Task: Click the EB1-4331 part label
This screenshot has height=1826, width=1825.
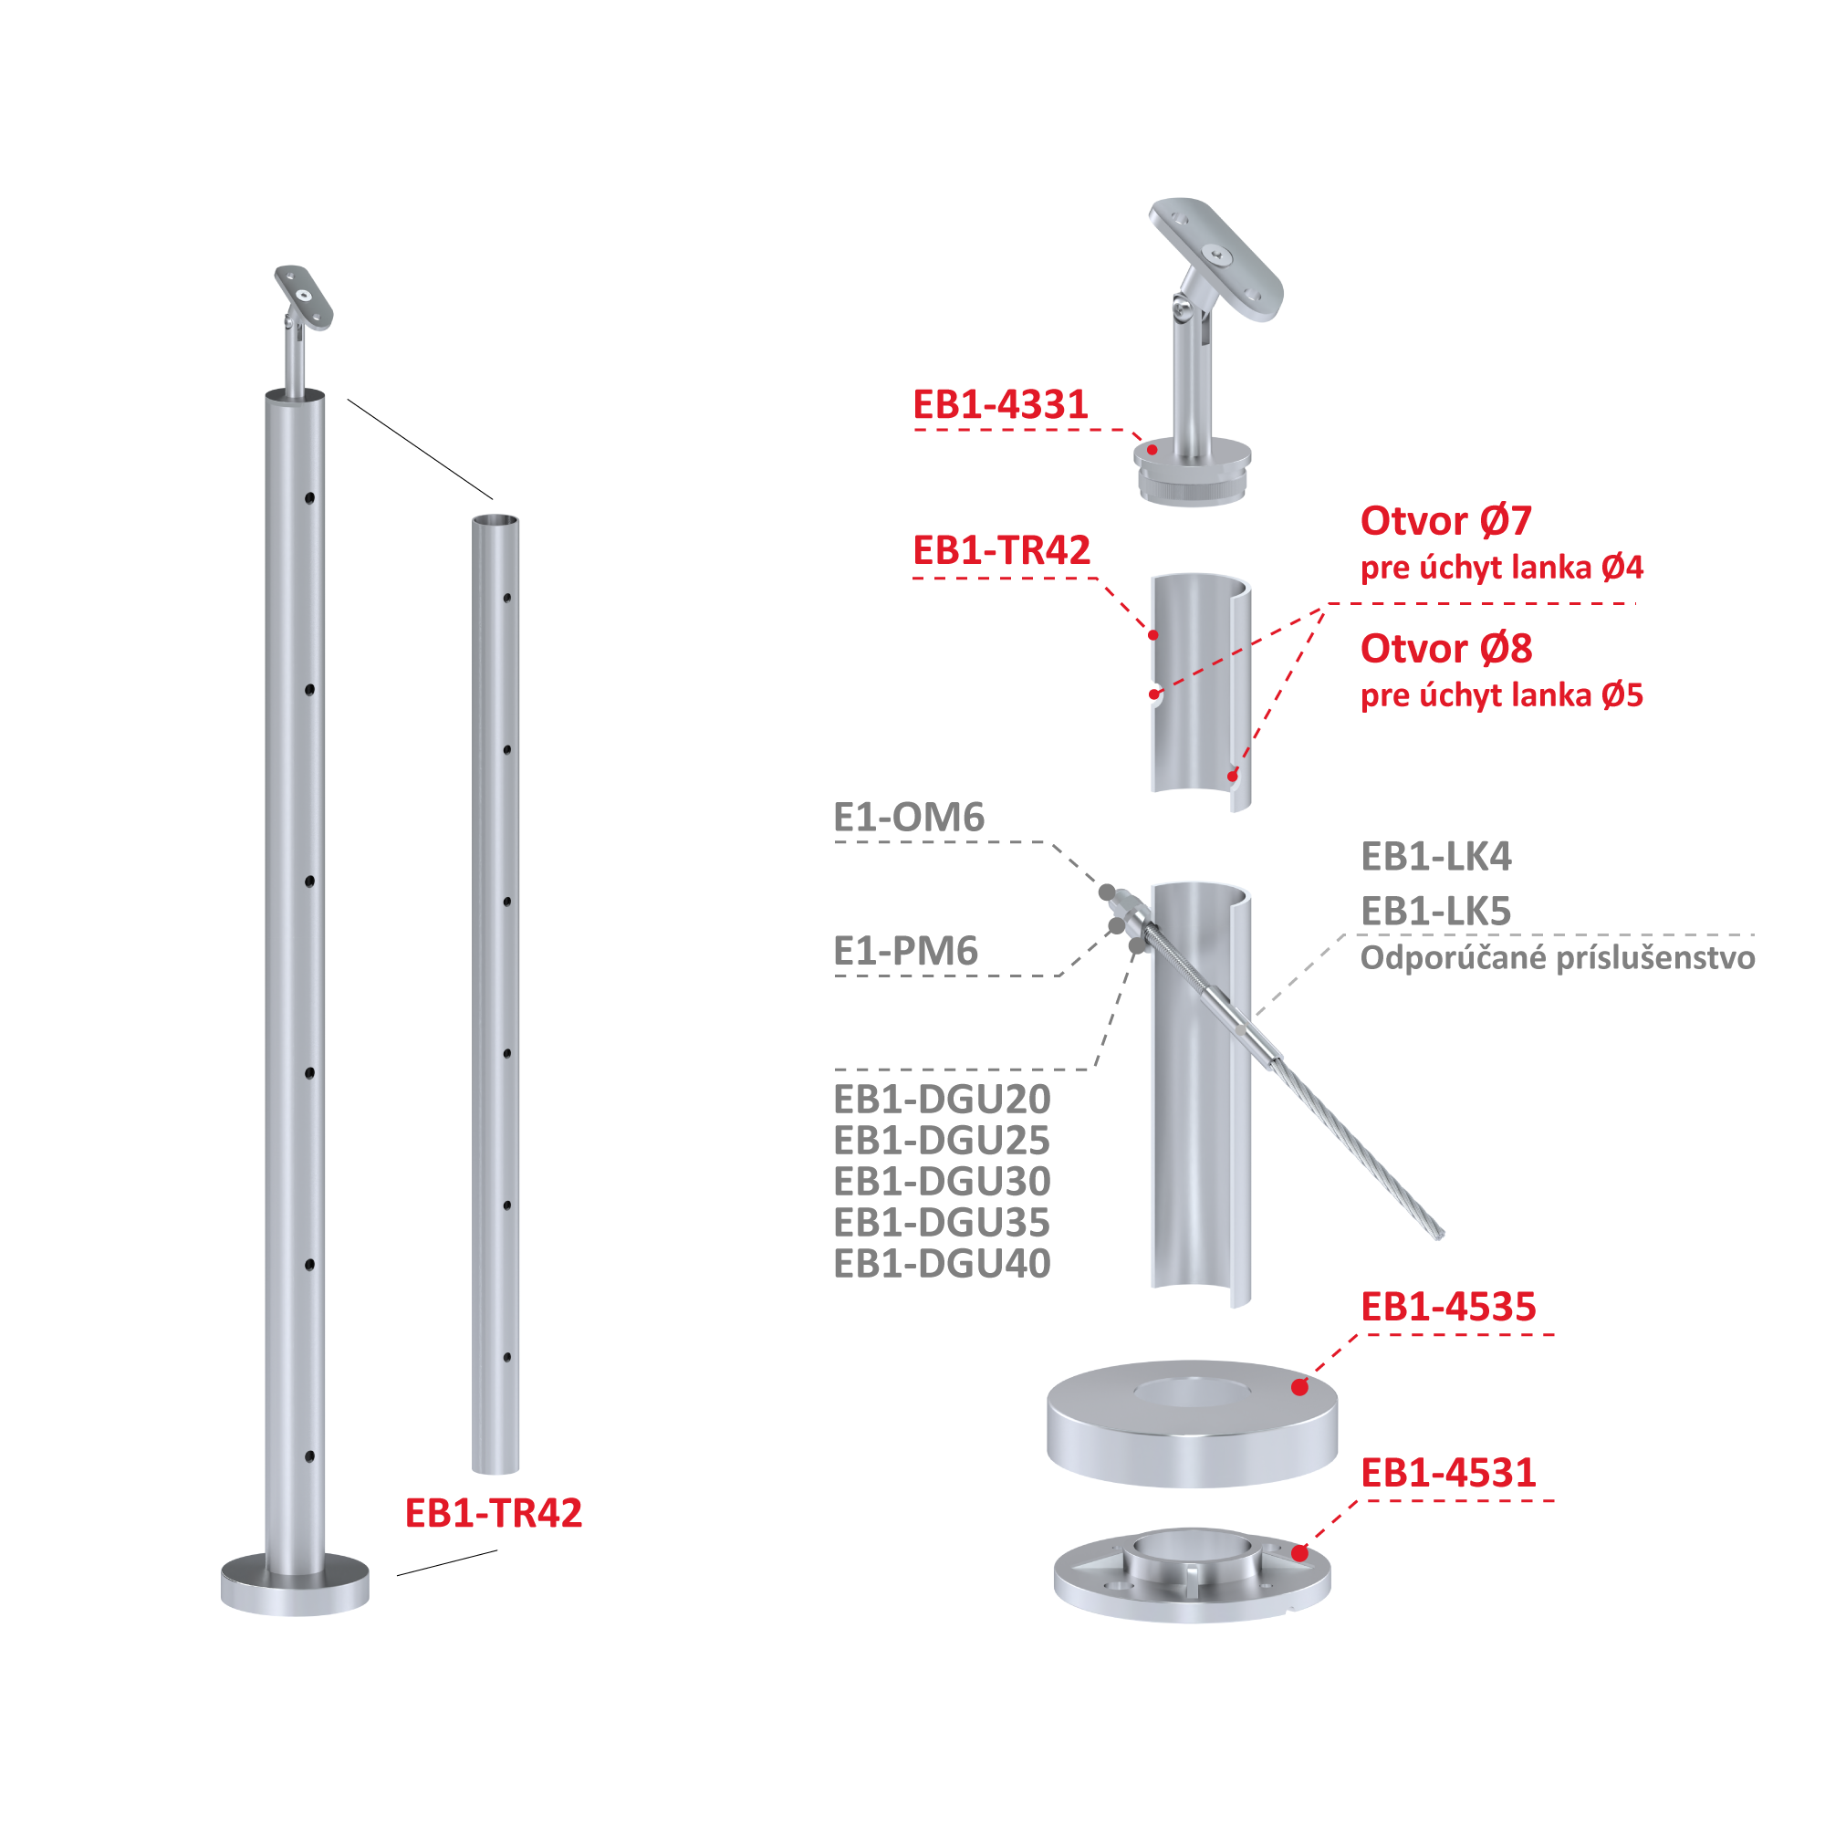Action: click(x=1000, y=404)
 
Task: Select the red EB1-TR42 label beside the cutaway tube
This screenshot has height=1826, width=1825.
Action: click(x=1001, y=550)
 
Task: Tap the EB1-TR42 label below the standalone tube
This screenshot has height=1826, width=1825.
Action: click(x=494, y=1512)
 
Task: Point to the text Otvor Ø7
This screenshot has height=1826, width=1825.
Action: click(x=1445, y=521)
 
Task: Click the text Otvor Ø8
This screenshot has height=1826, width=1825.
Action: click(x=1446, y=648)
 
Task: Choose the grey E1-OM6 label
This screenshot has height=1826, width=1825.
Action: click(x=908, y=817)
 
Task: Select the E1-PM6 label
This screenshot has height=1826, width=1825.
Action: click(x=905, y=951)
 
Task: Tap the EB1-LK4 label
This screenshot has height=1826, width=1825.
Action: click(x=1435, y=856)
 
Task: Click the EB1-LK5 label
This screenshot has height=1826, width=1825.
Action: click(x=1435, y=911)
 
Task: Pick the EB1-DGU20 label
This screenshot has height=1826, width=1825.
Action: click(x=942, y=1100)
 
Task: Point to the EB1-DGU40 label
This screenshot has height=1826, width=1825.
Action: click(x=942, y=1264)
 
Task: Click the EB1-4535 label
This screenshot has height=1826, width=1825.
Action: click(x=1448, y=1307)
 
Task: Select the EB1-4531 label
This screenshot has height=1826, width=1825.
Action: click(x=1448, y=1473)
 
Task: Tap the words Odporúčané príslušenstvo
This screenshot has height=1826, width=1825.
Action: click(x=1558, y=958)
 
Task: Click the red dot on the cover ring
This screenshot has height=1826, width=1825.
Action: click(x=1299, y=1387)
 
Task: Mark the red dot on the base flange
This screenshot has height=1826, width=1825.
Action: click(x=1299, y=1553)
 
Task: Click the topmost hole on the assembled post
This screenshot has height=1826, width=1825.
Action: click(x=309, y=498)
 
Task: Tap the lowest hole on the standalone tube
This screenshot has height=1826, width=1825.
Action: click(x=507, y=1357)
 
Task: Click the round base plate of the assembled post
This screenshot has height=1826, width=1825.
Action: click(x=295, y=1585)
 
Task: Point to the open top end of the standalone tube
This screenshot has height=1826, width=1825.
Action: click(x=495, y=520)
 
